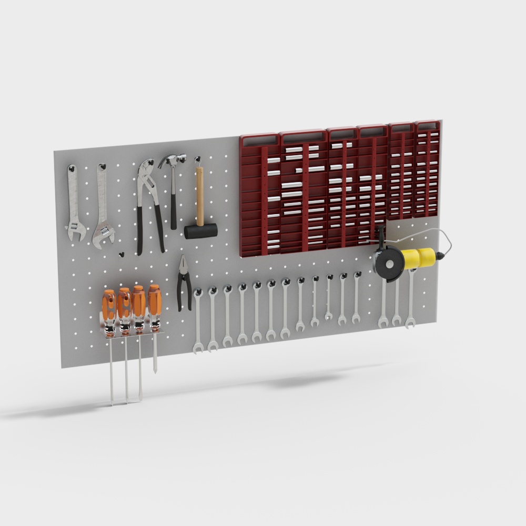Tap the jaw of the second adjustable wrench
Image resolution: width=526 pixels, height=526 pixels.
click(x=104, y=234)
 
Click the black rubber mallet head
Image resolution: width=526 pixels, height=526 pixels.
click(x=200, y=231)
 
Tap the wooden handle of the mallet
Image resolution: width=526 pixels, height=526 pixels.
click(x=200, y=195)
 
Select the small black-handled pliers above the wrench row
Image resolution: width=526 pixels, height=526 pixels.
click(x=184, y=284)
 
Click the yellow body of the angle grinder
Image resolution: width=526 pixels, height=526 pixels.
click(x=418, y=257)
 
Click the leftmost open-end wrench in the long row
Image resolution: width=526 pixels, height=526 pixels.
click(x=198, y=321)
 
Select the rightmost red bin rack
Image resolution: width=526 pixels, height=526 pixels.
click(x=427, y=168)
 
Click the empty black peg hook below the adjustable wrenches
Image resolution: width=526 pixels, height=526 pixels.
click(x=122, y=255)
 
